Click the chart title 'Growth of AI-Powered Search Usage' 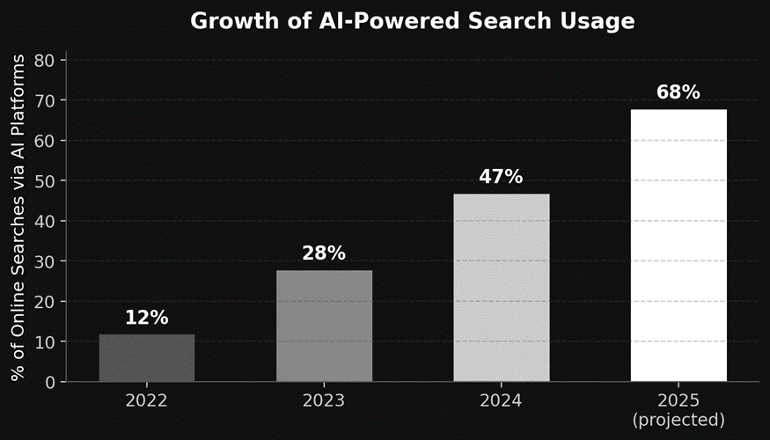point(412,21)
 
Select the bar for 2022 point(147,358)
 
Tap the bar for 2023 point(324,326)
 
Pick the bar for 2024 point(501,288)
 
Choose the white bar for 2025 point(678,246)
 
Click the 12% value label point(147,319)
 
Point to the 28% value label point(324,254)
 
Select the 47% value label point(501,178)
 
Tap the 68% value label point(678,93)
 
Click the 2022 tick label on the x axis point(147,400)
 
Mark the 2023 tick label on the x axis point(324,400)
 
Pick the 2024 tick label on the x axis point(501,400)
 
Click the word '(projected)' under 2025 point(678,420)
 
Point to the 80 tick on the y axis point(45,61)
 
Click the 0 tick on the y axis point(50,382)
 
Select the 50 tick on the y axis point(45,181)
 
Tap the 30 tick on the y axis point(45,261)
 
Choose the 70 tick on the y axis point(45,101)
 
